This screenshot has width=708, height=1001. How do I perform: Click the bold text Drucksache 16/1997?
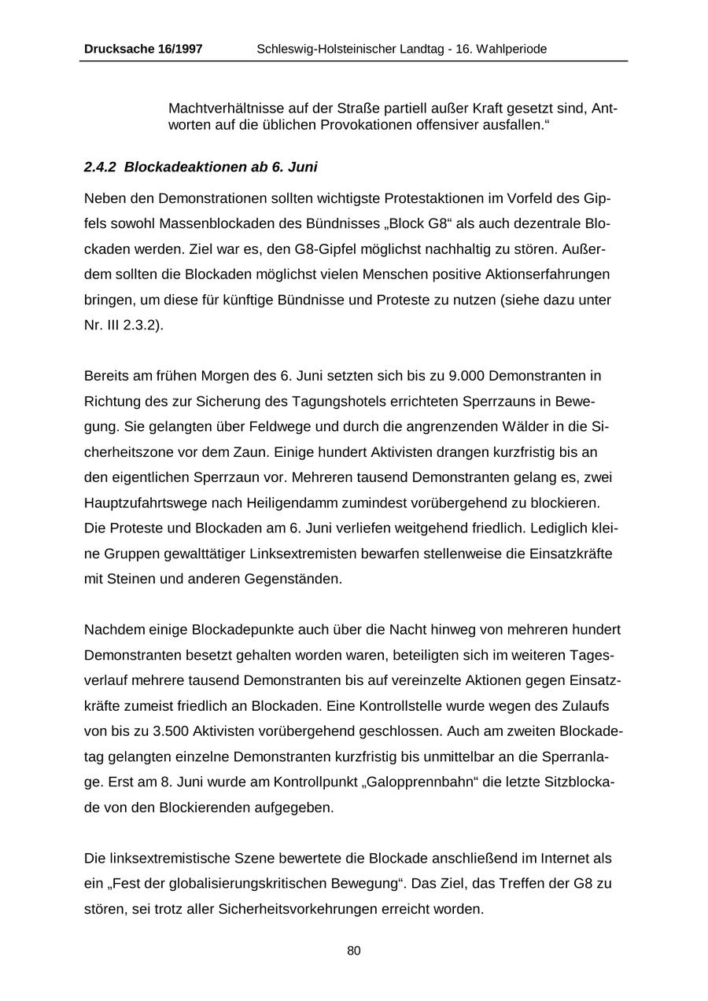[x=142, y=49]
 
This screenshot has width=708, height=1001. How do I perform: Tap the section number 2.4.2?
[x=100, y=167]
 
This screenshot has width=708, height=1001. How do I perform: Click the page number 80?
[x=354, y=951]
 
